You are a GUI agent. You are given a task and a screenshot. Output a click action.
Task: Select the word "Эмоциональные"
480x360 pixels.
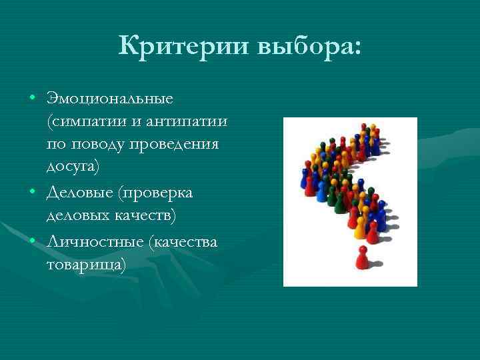(x=110, y=99)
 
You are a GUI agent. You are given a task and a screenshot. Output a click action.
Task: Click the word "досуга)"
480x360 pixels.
(x=73, y=167)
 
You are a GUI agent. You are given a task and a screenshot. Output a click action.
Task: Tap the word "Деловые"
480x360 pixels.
(x=79, y=192)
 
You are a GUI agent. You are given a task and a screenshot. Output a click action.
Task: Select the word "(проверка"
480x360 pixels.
(x=155, y=192)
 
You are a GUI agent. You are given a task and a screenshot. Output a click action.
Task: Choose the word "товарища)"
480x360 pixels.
(x=86, y=264)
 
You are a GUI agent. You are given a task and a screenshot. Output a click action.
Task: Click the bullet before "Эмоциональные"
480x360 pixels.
(x=31, y=99)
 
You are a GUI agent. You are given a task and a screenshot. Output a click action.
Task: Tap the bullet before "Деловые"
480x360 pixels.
(x=31, y=193)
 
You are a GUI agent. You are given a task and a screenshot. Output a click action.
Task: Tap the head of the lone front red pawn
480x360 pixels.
(x=362, y=249)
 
